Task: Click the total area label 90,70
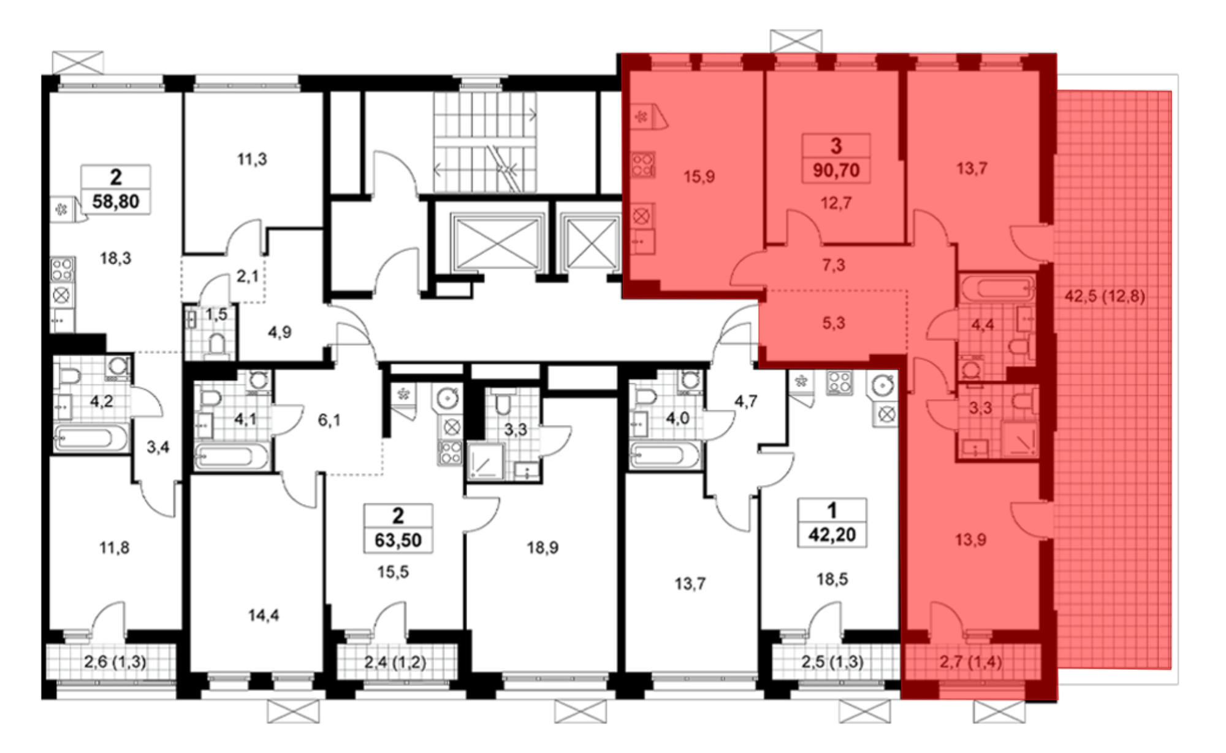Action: click(x=836, y=170)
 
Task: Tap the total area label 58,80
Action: click(x=116, y=201)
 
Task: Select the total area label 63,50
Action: click(x=398, y=540)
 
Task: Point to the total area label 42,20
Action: click(x=832, y=535)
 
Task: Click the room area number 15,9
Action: click(x=699, y=177)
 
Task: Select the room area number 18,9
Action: click(x=543, y=547)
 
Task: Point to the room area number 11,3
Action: click(x=252, y=159)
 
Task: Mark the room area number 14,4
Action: click(x=264, y=615)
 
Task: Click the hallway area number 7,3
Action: click(x=833, y=265)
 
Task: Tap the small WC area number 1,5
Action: click(x=216, y=315)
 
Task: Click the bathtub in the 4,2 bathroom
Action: click(x=91, y=438)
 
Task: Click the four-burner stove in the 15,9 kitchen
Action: click(x=642, y=165)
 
